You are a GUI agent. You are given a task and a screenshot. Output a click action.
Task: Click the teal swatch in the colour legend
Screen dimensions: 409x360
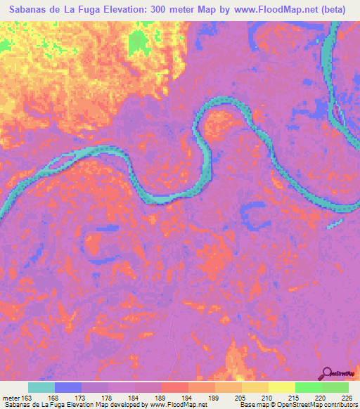[x=41, y=387]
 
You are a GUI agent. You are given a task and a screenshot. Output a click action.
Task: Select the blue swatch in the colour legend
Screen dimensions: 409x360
[x=68, y=387]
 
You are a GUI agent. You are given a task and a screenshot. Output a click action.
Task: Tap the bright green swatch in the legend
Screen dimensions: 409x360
[x=309, y=387]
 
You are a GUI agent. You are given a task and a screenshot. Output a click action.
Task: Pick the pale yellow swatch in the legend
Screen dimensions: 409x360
[x=282, y=387]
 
